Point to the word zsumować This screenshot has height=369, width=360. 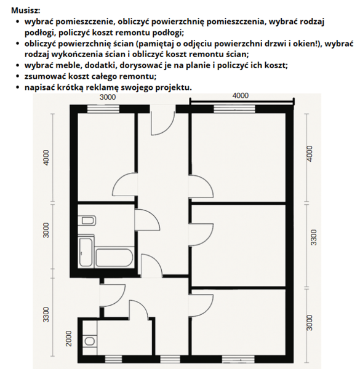tap(47, 76)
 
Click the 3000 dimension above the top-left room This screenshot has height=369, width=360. tap(108, 97)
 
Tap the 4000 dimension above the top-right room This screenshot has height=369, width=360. tap(241, 96)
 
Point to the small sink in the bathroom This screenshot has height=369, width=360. tap(86, 221)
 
